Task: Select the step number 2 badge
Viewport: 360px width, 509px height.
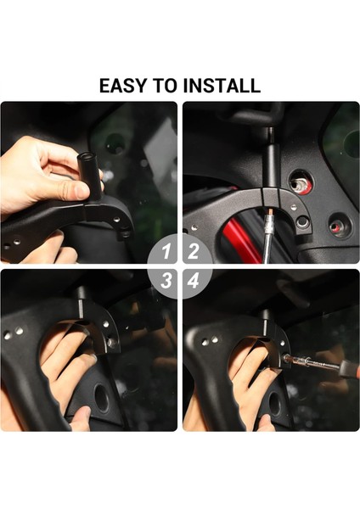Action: (x=194, y=251)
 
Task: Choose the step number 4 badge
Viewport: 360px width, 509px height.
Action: (x=194, y=281)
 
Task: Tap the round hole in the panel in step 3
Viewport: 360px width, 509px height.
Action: (x=104, y=398)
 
